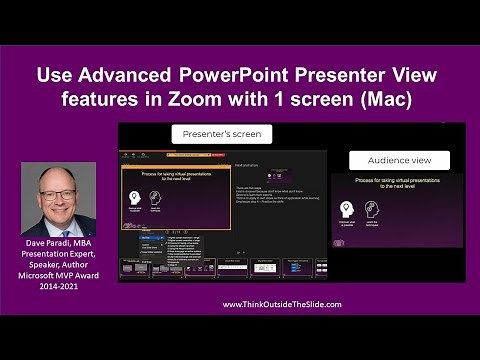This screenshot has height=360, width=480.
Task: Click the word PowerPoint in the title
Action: coord(232,75)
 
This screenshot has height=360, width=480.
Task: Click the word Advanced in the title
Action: coord(125,75)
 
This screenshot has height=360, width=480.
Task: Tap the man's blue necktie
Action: coord(59,227)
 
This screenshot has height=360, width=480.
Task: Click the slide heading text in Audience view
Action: coord(394,186)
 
